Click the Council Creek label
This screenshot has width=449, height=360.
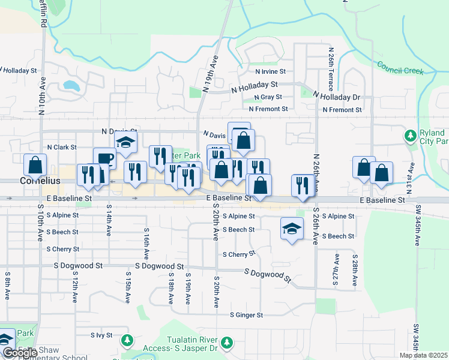400,67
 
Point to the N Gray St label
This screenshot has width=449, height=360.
268,97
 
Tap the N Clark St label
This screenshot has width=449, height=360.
62,147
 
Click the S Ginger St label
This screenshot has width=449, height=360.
246,315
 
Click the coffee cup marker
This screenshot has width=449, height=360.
104,159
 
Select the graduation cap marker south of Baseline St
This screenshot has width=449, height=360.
292,229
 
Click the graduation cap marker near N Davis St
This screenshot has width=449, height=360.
126,143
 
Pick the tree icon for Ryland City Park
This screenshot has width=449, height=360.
410,136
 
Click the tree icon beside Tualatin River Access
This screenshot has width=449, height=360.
226,342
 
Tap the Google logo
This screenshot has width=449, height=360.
19,353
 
